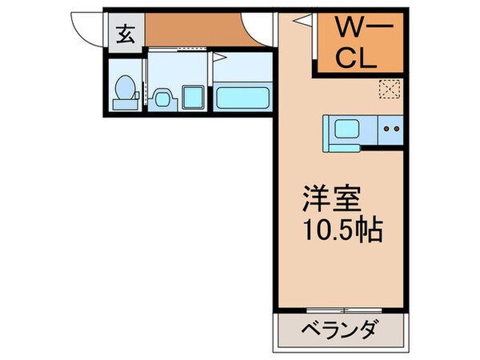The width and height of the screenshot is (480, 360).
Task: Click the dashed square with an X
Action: (390, 90)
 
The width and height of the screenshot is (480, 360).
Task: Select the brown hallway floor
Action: (192, 33)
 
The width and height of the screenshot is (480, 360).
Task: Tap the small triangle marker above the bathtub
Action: (216, 58)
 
